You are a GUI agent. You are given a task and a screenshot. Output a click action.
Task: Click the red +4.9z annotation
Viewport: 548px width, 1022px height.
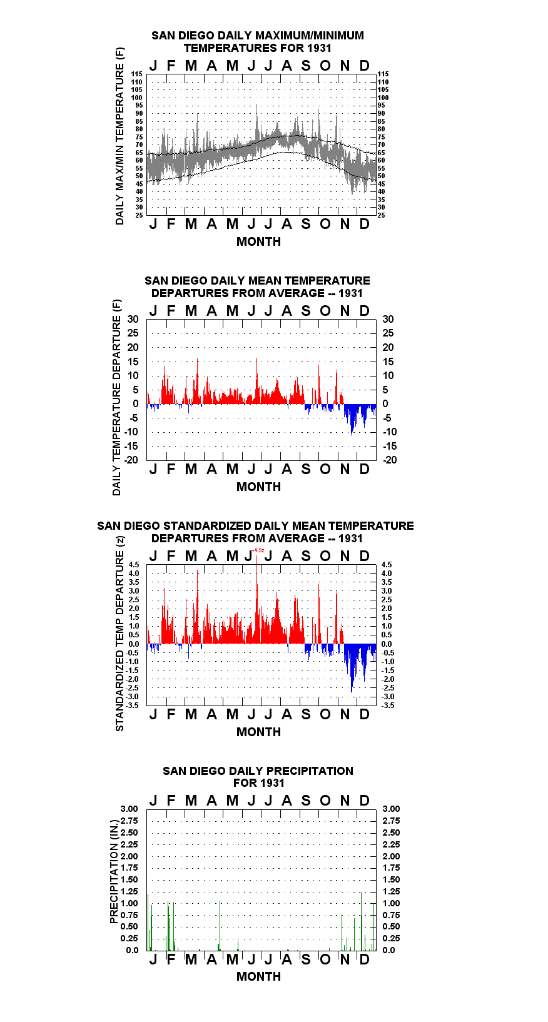pos(258,550)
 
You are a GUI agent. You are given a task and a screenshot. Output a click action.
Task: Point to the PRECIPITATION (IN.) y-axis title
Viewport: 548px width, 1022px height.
pos(114,871)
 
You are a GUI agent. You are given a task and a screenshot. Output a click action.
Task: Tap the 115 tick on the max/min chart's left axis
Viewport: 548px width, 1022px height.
pos(136,74)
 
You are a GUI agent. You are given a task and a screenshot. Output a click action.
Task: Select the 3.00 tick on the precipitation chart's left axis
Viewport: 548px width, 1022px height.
pos(129,809)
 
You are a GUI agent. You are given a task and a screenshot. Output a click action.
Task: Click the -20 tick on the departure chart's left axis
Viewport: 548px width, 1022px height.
pos(131,460)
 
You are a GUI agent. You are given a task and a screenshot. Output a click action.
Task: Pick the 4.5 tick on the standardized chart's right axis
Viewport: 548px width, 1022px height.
pos(387,565)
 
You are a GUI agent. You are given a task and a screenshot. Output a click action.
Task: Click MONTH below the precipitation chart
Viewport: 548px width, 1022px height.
pos(259,976)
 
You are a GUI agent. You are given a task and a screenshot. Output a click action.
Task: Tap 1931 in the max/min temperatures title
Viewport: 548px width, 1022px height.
pos(320,48)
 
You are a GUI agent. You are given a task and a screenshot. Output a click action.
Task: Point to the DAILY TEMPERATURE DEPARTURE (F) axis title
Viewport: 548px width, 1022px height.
pos(117,397)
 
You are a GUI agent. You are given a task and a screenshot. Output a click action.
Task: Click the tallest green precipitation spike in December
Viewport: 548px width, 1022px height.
pos(361,922)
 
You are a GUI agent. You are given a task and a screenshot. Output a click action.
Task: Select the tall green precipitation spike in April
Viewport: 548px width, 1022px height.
pos(220,926)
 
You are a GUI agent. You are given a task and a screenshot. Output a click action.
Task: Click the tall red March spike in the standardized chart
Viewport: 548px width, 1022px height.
pos(198,607)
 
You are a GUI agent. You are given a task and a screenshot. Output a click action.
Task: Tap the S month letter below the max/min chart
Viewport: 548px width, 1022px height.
pos(306,224)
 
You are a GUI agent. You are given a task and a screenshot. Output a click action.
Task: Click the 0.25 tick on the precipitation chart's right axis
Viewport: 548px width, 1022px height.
pos(391,939)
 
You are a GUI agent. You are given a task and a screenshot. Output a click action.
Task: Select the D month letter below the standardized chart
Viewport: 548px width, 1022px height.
pos(364,714)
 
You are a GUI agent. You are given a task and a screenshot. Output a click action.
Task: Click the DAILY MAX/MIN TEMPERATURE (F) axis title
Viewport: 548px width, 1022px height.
pos(119,136)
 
